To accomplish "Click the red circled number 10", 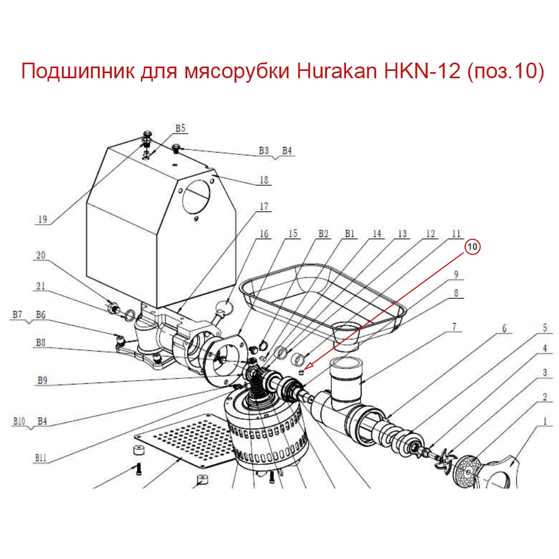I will coord(473,247).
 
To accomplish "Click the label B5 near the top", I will coord(180,129).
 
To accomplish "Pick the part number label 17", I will coord(264,207).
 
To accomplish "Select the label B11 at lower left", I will coord(40,457).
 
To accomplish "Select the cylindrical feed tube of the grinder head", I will coord(347,380).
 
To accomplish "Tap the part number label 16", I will coord(264,234).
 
